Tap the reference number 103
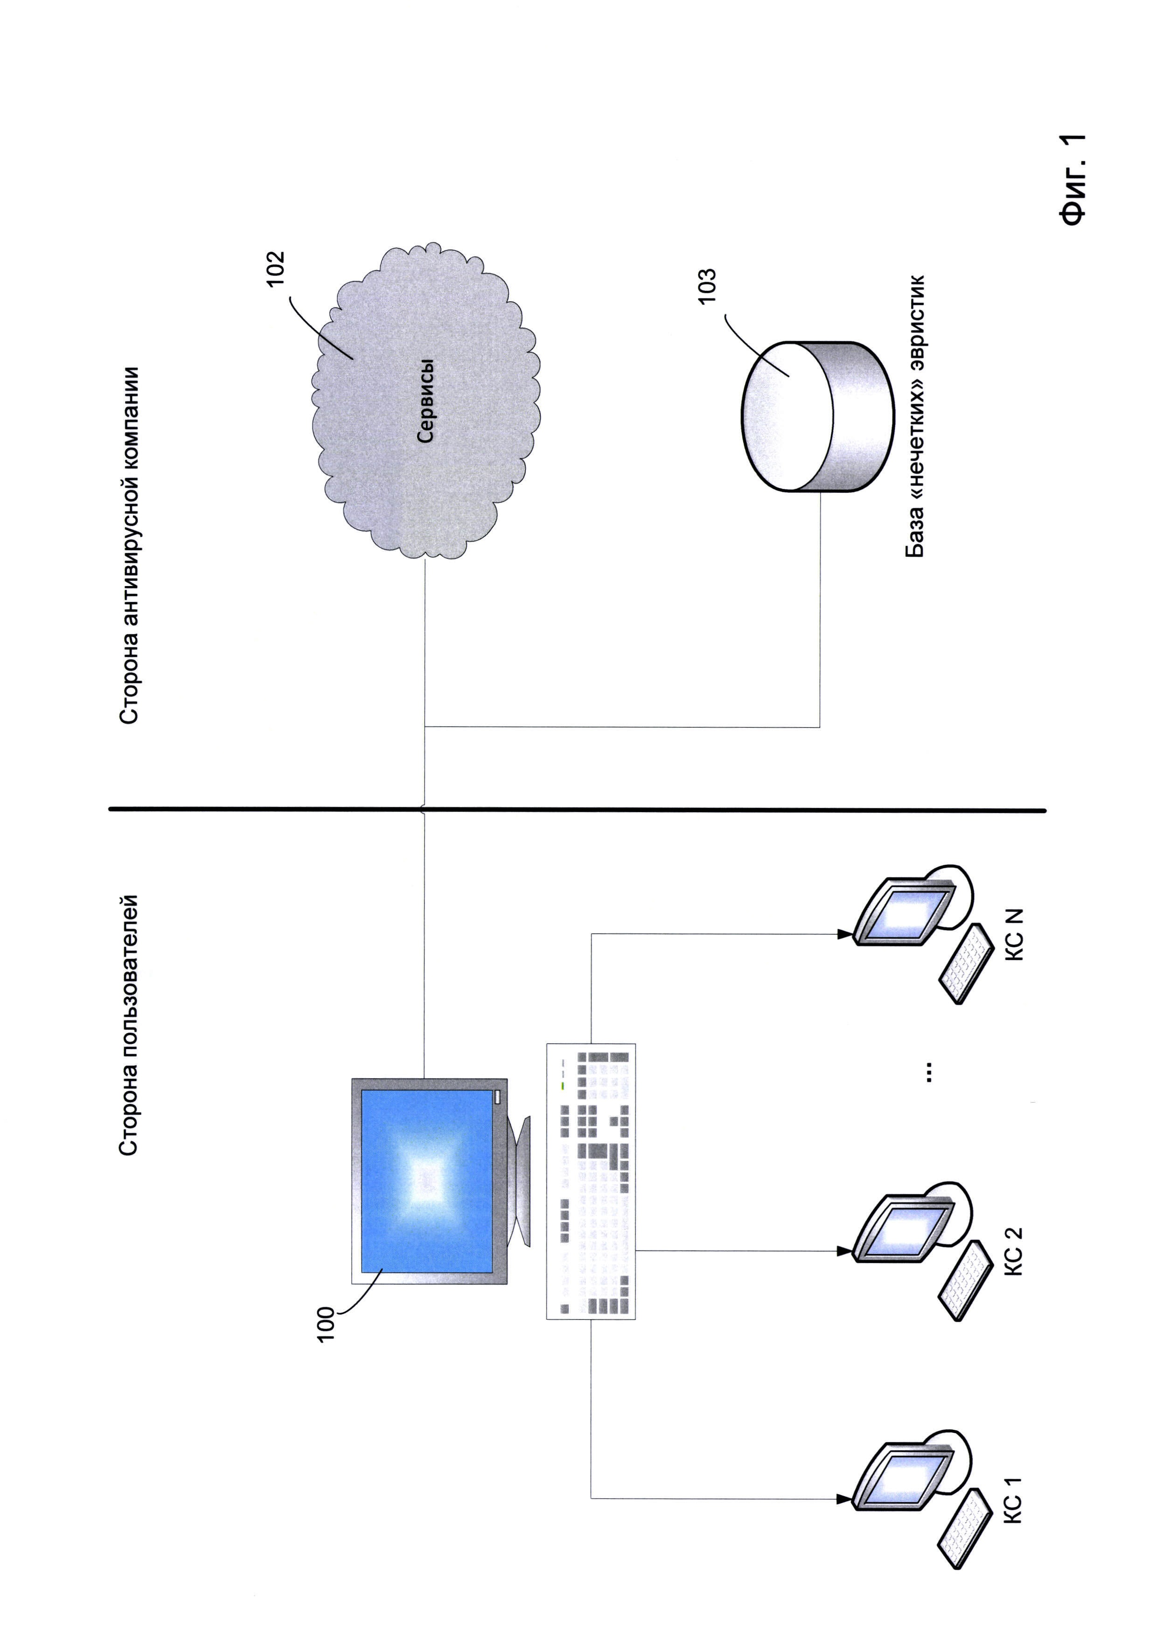[706, 286]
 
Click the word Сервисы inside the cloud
[425, 401]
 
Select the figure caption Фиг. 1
[1072, 179]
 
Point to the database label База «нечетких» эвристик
[915, 417]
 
